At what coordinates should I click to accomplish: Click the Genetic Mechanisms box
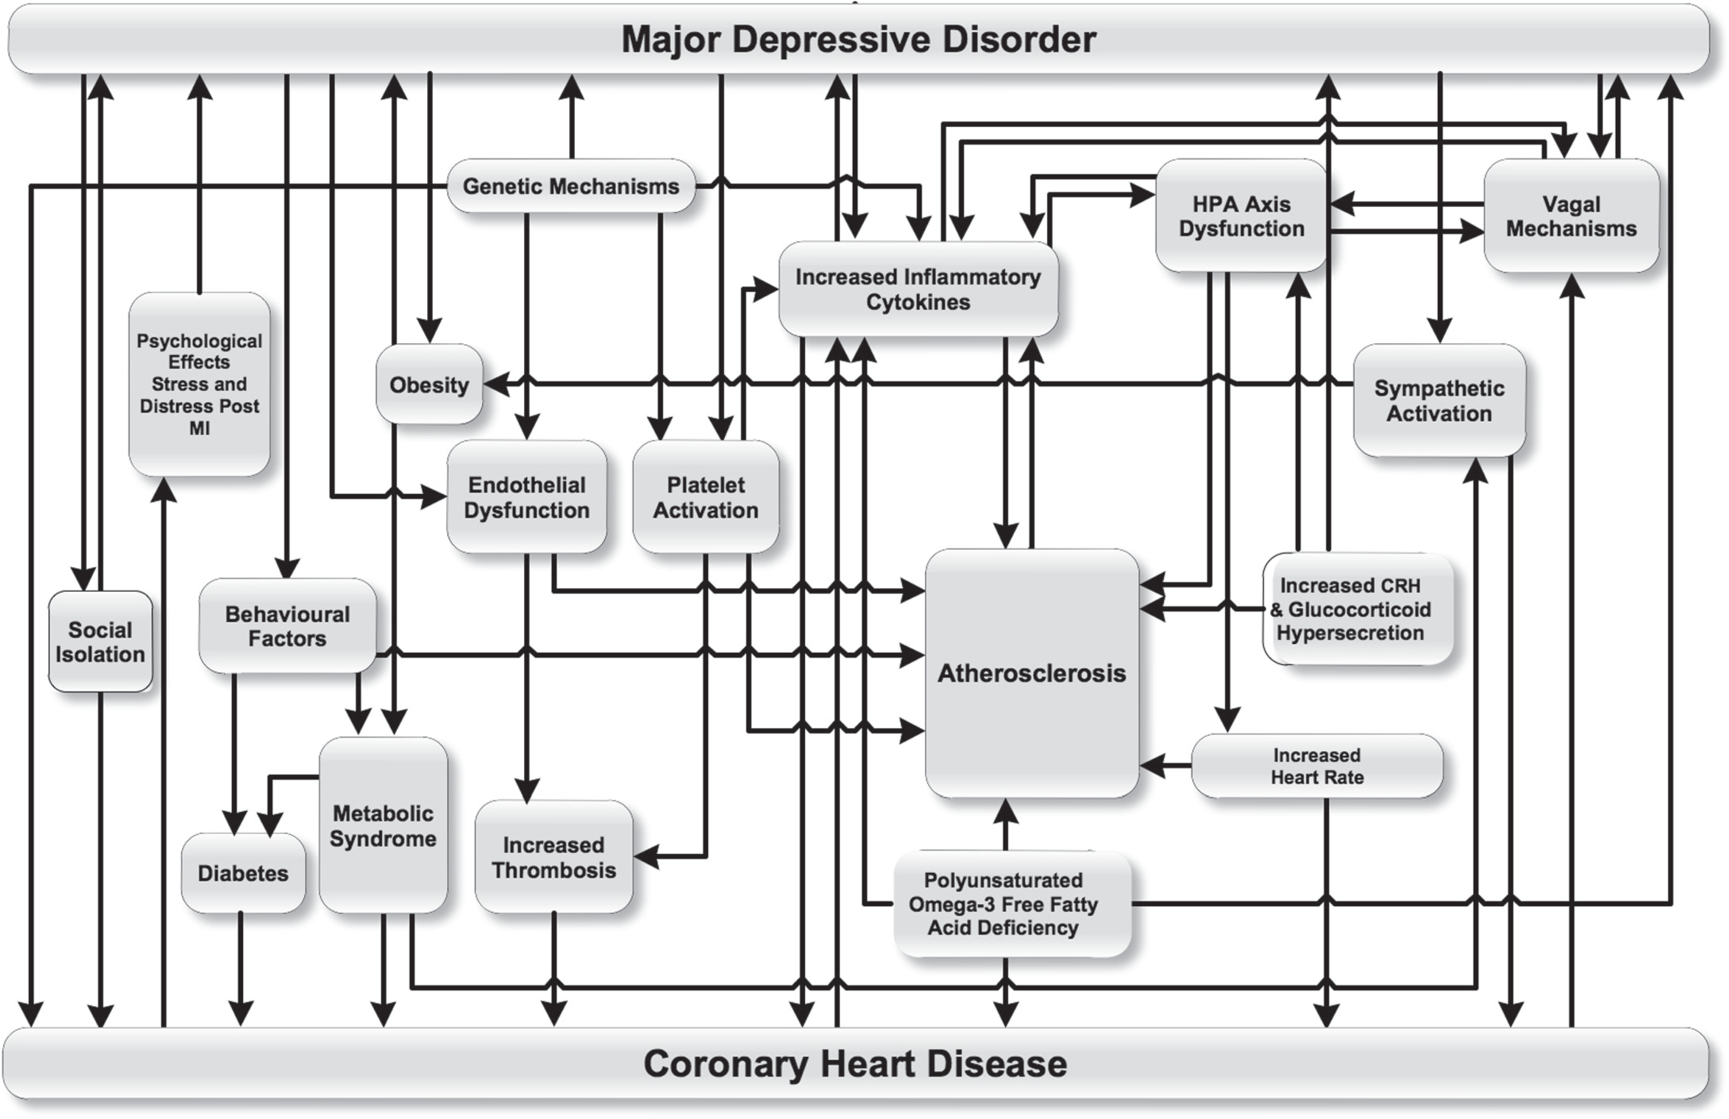pyautogui.click(x=571, y=186)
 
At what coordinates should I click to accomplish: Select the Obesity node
pyautogui.click(x=429, y=384)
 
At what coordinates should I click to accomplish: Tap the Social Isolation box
pyautogui.click(x=100, y=641)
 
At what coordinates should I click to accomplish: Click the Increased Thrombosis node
pyautogui.click(x=554, y=857)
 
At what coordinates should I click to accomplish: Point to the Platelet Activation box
pyautogui.click(x=705, y=497)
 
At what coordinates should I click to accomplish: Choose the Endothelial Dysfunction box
pyautogui.click(x=527, y=497)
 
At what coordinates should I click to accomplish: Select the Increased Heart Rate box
pyautogui.click(x=1317, y=766)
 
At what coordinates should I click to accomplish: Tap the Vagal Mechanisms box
pyautogui.click(x=1571, y=216)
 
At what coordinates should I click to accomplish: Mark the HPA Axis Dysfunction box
pyautogui.click(x=1242, y=216)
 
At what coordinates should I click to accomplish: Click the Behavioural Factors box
pyautogui.click(x=287, y=626)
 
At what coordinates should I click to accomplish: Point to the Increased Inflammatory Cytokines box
pyautogui.click(x=918, y=289)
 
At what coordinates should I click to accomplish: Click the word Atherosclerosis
pyautogui.click(x=1031, y=673)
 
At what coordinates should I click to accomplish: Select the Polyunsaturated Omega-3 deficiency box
pyautogui.click(x=1012, y=904)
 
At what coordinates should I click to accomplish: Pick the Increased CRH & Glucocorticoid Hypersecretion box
pyautogui.click(x=1358, y=609)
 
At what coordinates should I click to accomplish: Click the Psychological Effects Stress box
pyautogui.click(x=199, y=384)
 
